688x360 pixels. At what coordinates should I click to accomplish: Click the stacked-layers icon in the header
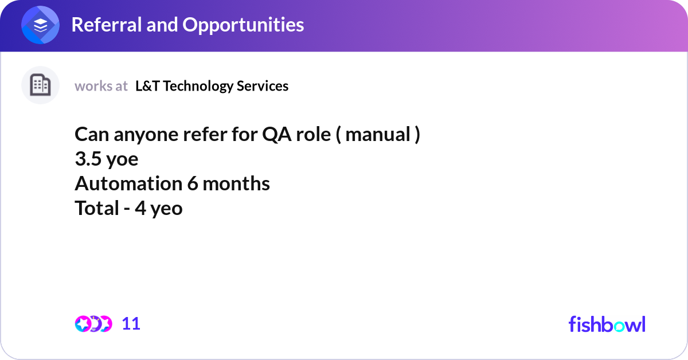[40, 25]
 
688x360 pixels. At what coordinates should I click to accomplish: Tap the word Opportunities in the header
[243, 25]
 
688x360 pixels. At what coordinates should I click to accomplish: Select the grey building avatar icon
[40, 85]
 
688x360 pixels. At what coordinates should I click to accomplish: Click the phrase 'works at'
[101, 86]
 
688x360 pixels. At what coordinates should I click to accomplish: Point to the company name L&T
[147, 86]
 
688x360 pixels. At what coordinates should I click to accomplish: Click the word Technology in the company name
[198, 87]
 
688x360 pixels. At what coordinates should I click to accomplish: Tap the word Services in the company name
[263, 86]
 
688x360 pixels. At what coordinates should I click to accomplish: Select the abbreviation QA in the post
[277, 135]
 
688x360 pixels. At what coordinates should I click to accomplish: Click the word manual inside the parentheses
[378, 134]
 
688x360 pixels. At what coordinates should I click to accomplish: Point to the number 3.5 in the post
[88, 159]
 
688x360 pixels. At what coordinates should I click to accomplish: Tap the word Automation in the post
[128, 183]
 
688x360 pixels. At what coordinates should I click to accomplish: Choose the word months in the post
[236, 183]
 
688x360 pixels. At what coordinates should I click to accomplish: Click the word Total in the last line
[97, 208]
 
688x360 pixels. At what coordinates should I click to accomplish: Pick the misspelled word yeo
[166, 209]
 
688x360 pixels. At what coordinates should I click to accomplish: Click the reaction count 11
[131, 324]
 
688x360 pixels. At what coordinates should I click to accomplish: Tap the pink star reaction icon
[83, 324]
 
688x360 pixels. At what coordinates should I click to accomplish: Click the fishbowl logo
[607, 324]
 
